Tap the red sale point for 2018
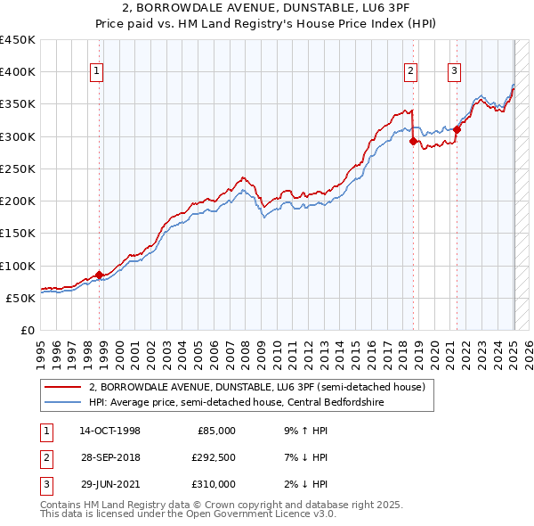pos(413,141)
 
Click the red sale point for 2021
pos(457,129)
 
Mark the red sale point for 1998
pos(99,275)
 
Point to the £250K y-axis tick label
pos(18,168)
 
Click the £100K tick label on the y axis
pos(18,266)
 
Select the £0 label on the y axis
pos(27,330)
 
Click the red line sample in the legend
pos(62,388)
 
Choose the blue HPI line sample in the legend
pos(62,402)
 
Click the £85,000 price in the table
pos(215,431)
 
